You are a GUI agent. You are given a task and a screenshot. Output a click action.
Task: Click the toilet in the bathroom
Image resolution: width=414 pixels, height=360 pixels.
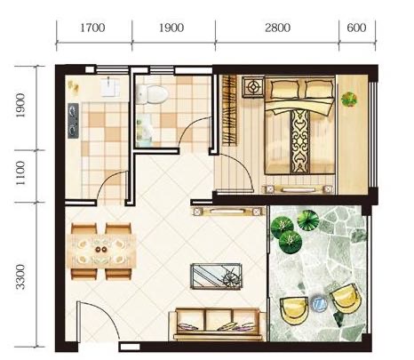tap(152, 93)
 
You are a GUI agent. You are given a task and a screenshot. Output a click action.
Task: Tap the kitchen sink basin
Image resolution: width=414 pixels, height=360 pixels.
tap(110, 87)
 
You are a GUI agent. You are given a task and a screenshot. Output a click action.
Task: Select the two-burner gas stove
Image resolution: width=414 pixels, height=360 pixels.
tap(73, 121)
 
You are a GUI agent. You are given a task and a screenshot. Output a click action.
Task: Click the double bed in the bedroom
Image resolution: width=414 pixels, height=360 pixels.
tap(299, 125)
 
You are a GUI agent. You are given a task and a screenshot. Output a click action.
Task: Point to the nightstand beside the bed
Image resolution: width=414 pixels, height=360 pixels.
tap(253, 87)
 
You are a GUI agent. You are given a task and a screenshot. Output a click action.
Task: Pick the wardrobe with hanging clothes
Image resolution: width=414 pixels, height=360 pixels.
tap(229, 110)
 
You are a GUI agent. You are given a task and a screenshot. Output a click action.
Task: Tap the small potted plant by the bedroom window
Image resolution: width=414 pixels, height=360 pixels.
tap(349, 100)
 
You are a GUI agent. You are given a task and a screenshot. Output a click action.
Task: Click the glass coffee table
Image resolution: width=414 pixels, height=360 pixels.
tap(216, 276)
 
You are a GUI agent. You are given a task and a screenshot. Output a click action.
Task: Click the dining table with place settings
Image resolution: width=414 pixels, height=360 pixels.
tap(101, 252)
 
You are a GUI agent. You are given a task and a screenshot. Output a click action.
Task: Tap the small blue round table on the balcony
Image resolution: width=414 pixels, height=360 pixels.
tap(319, 302)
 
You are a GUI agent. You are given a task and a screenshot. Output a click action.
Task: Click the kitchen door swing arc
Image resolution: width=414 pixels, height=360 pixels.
tap(109, 181)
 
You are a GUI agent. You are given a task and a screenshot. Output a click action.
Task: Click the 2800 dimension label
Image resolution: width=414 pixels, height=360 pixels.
tap(277, 28)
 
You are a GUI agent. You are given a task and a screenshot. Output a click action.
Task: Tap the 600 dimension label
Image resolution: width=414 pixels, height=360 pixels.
tap(356, 28)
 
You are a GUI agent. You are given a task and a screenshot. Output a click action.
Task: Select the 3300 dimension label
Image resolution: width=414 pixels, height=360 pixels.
tap(20, 276)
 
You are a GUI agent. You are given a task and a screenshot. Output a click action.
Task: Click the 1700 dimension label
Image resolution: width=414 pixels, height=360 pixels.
tap(92, 28)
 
